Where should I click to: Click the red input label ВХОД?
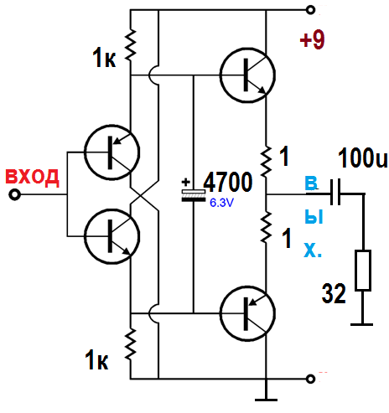tap(33, 178)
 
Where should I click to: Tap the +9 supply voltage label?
tap(313, 39)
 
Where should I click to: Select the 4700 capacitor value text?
tap(228, 182)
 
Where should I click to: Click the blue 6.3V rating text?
tap(221, 203)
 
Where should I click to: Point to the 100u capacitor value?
tap(363, 157)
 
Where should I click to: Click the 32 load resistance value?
tap(334, 293)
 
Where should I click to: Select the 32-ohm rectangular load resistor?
tap(363, 271)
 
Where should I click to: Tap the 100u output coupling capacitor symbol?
tap(335, 192)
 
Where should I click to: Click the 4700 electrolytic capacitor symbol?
tap(194, 195)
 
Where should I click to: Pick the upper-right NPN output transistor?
tap(247, 75)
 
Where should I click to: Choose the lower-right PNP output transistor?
tap(247, 313)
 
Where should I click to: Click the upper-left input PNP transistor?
tap(112, 152)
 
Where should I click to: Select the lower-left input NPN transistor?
tap(112, 236)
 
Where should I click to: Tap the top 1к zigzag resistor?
tap(131, 44)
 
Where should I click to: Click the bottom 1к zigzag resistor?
tap(131, 344)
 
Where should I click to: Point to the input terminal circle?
tap(14, 194)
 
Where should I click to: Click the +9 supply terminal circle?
tap(310, 10)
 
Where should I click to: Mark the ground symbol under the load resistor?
tap(362, 324)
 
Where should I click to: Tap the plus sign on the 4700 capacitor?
tap(186, 183)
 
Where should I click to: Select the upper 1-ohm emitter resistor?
tap(266, 161)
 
